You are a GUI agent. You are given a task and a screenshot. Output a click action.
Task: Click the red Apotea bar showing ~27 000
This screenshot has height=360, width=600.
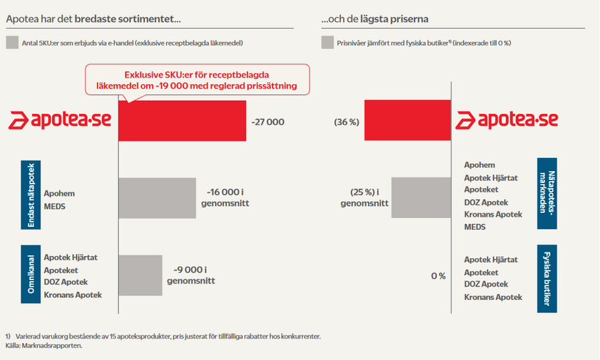pyautogui.click(x=182, y=121)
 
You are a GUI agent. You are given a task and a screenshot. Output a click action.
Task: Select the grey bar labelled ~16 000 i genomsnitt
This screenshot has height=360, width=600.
pyautogui.click(x=157, y=198)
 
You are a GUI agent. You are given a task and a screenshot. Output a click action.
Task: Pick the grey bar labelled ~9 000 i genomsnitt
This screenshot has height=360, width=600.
pyautogui.click(x=140, y=275)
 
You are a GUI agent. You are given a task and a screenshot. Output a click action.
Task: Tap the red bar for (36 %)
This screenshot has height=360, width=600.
pyautogui.click(x=408, y=121)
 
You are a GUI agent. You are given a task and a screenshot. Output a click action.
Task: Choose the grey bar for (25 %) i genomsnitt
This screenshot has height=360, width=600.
pyautogui.click(x=421, y=198)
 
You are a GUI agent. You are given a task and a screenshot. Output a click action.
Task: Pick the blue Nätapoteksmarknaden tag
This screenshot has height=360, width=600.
pyautogui.click(x=547, y=193)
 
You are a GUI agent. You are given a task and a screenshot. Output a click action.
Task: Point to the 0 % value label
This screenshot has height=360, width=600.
pyautogui.click(x=438, y=276)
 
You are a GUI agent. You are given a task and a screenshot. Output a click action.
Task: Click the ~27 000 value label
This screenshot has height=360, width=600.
pyautogui.click(x=267, y=121)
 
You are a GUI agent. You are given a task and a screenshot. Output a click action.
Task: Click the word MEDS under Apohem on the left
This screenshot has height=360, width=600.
pyautogui.click(x=55, y=206)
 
